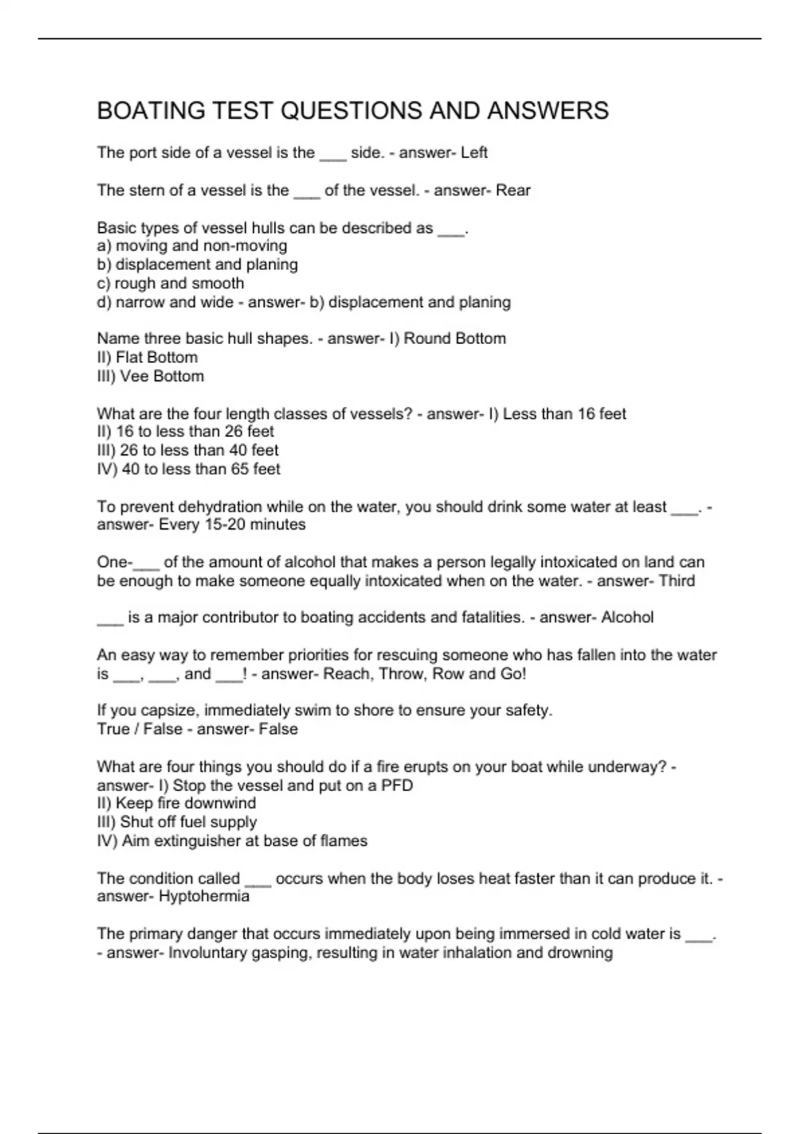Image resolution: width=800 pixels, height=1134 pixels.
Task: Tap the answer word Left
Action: point(474,153)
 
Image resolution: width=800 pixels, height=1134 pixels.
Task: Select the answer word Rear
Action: point(513,191)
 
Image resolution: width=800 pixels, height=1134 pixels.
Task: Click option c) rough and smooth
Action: point(171,283)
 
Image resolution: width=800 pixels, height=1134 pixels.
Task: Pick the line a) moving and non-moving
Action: point(192,246)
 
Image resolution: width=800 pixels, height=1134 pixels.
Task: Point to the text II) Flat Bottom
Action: point(147,358)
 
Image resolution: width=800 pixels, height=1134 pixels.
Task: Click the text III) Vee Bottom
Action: point(151,376)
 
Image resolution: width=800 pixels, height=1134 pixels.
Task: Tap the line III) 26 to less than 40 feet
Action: point(187,450)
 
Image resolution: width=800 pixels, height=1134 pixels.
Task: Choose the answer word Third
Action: point(677,581)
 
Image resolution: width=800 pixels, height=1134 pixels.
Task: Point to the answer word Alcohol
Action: point(627,618)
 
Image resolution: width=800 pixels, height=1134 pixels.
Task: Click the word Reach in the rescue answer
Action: point(347,674)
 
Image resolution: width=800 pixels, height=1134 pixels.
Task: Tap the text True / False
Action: point(139,729)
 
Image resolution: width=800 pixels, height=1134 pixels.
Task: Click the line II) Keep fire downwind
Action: point(176,804)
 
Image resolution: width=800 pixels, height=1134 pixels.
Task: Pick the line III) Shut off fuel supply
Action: point(177,822)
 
